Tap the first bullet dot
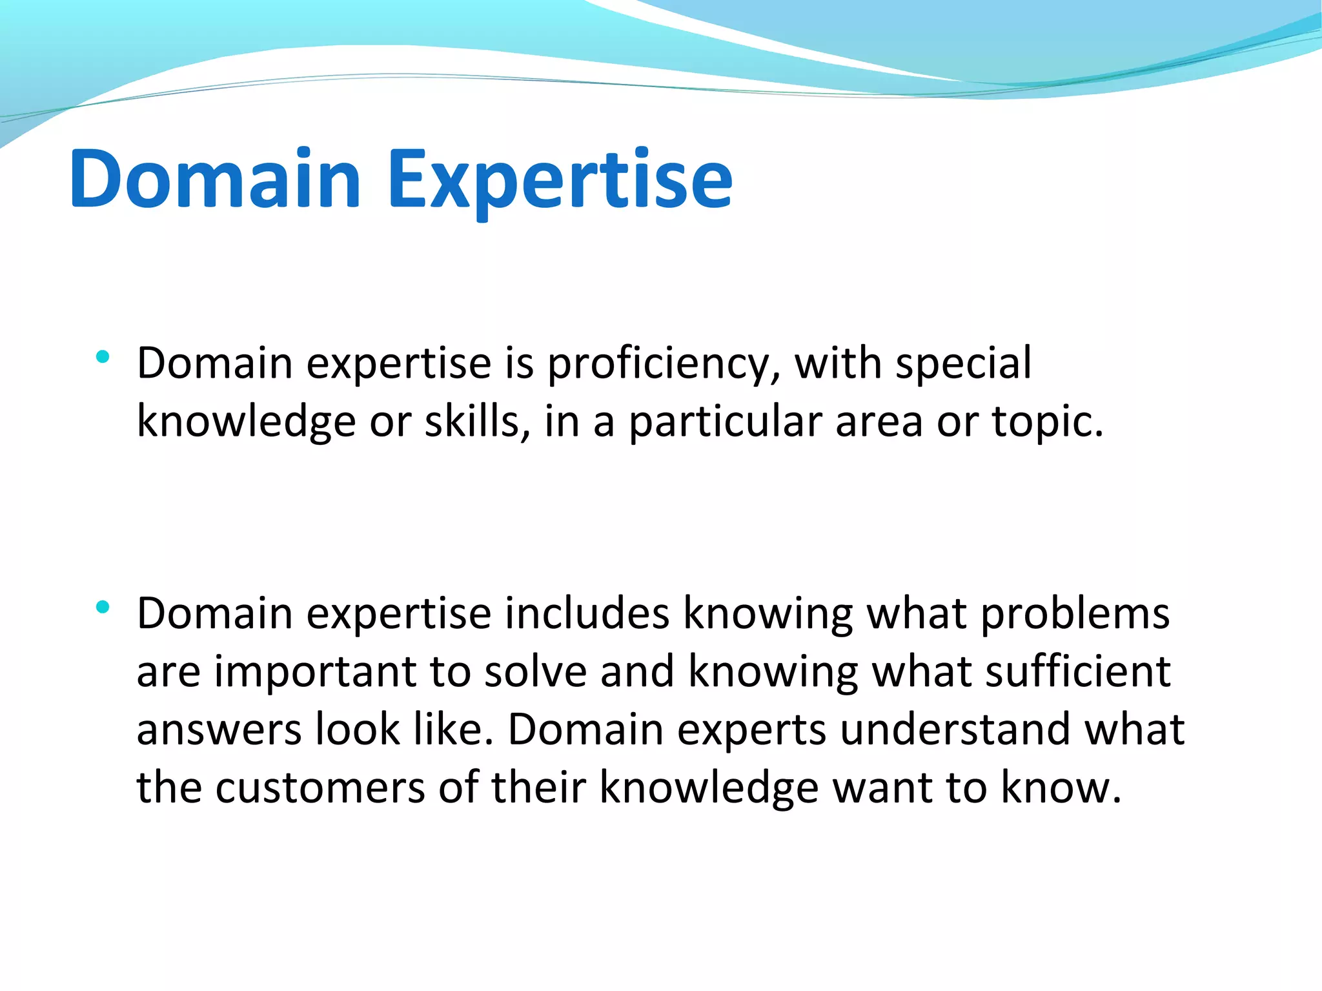pyautogui.click(x=102, y=356)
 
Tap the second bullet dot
pyautogui.click(x=102, y=607)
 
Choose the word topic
pyautogui.click(x=1046, y=423)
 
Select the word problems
pyautogui.click(x=1075, y=614)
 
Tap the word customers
pyautogui.click(x=320, y=788)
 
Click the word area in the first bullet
pyautogui.click(x=879, y=422)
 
